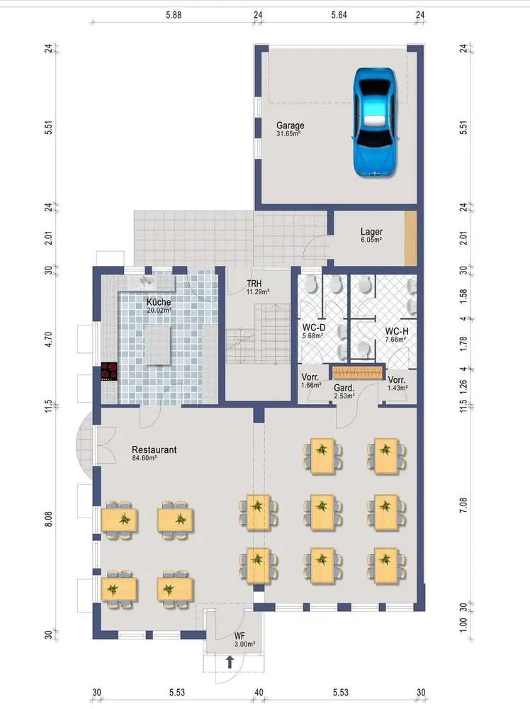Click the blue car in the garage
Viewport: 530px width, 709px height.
376,122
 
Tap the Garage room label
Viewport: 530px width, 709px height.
290,125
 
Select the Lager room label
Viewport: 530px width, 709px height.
371,232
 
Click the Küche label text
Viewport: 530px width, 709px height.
159,301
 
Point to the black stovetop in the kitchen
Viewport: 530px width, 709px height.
109,372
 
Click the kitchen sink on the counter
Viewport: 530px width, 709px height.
145,281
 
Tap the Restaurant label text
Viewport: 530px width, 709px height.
154,450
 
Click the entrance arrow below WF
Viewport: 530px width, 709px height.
230,662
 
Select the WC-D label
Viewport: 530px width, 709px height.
314,328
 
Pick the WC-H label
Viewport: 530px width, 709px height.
397,331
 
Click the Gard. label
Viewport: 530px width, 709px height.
344,388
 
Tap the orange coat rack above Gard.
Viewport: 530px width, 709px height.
357,373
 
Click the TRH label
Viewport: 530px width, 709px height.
254,284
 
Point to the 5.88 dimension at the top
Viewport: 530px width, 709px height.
174,15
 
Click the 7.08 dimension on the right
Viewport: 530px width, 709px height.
463,505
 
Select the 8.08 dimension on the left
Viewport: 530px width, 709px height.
48,519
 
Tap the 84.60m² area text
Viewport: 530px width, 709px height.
144,458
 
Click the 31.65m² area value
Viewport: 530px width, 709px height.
288,134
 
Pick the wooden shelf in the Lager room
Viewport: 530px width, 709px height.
410,238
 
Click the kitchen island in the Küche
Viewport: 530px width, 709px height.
158,345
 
